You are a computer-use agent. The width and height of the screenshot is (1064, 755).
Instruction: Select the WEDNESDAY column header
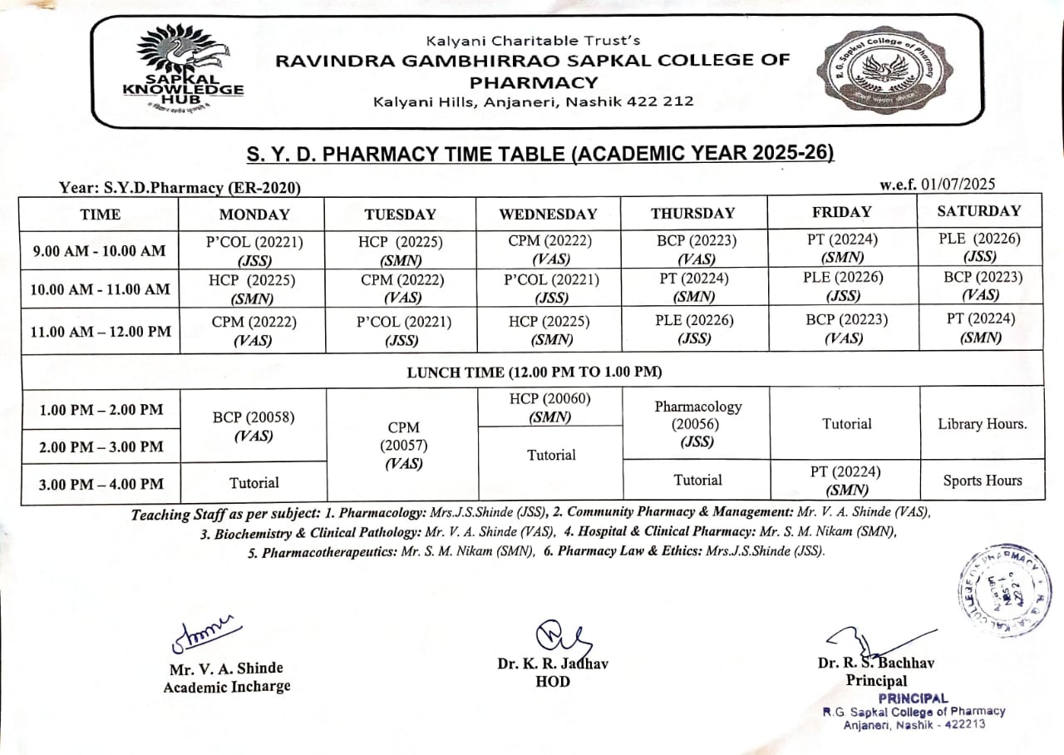(x=548, y=214)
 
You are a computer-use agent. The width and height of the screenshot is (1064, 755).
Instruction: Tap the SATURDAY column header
(x=978, y=211)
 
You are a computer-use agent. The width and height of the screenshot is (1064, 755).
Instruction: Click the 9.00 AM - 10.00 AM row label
(x=99, y=251)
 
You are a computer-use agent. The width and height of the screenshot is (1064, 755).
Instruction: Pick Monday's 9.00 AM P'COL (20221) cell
(x=254, y=250)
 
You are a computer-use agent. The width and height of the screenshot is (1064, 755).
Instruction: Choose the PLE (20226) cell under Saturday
(x=981, y=247)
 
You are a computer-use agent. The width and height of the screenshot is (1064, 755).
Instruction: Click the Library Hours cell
(x=982, y=423)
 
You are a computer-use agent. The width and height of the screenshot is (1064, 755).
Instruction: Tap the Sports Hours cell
(x=982, y=481)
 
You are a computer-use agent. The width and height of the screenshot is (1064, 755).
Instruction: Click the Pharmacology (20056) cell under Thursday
(x=697, y=424)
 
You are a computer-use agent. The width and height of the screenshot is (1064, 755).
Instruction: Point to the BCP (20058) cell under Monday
(x=254, y=426)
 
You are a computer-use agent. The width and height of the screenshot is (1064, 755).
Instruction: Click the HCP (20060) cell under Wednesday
(x=549, y=407)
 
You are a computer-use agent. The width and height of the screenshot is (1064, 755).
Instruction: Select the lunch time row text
(x=534, y=372)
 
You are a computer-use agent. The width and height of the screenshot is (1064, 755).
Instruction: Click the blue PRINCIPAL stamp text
(x=913, y=698)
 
